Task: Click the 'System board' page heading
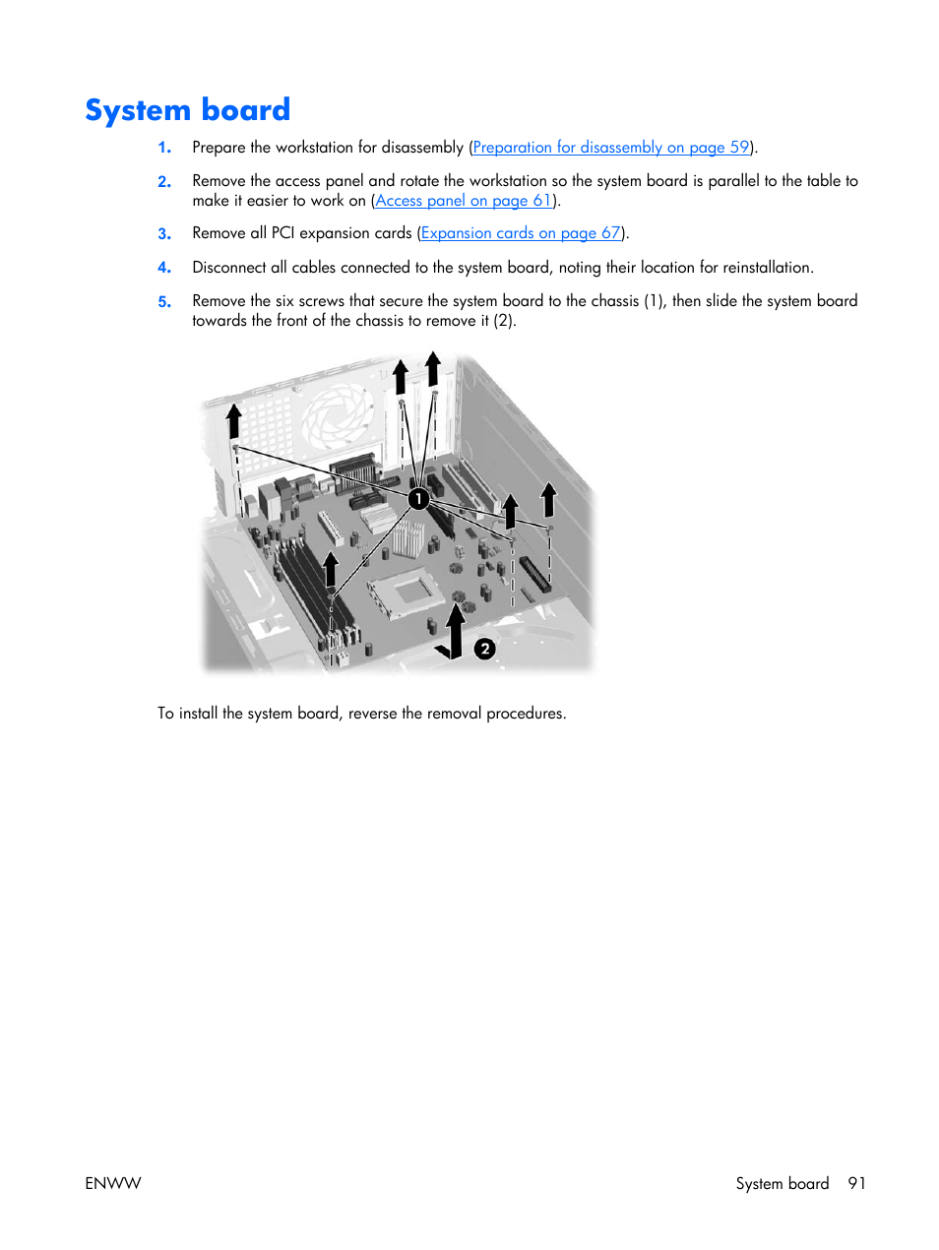[x=187, y=109]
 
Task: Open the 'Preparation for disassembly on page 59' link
[x=610, y=148]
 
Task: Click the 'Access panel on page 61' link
[x=463, y=201]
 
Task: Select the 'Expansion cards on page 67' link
[x=521, y=233]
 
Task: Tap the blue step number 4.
[x=164, y=268]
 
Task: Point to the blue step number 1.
[x=164, y=148]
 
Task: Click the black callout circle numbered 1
[x=418, y=499]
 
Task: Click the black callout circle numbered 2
[x=484, y=649]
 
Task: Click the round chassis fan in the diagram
[x=337, y=414]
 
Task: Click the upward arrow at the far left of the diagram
[x=233, y=421]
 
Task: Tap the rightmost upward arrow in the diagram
[x=548, y=499]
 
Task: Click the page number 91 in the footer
[x=856, y=1183]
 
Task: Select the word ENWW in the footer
[x=113, y=1183]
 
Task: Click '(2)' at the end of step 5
[x=503, y=321]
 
